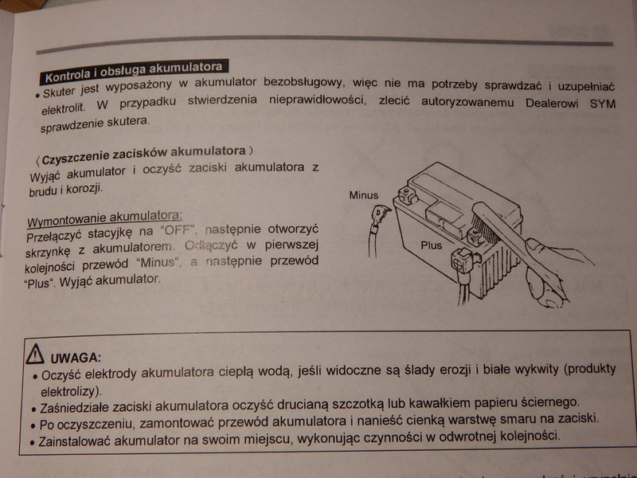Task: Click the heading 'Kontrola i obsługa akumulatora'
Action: click(x=133, y=72)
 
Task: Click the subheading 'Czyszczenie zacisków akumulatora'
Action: click(x=143, y=151)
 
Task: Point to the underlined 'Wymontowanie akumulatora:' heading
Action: click(x=104, y=216)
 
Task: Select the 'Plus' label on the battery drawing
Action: click(x=432, y=245)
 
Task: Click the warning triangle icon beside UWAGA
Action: click(x=34, y=355)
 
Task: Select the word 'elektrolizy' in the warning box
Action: click(x=69, y=392)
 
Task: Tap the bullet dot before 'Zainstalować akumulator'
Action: click(x=32, y=441)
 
